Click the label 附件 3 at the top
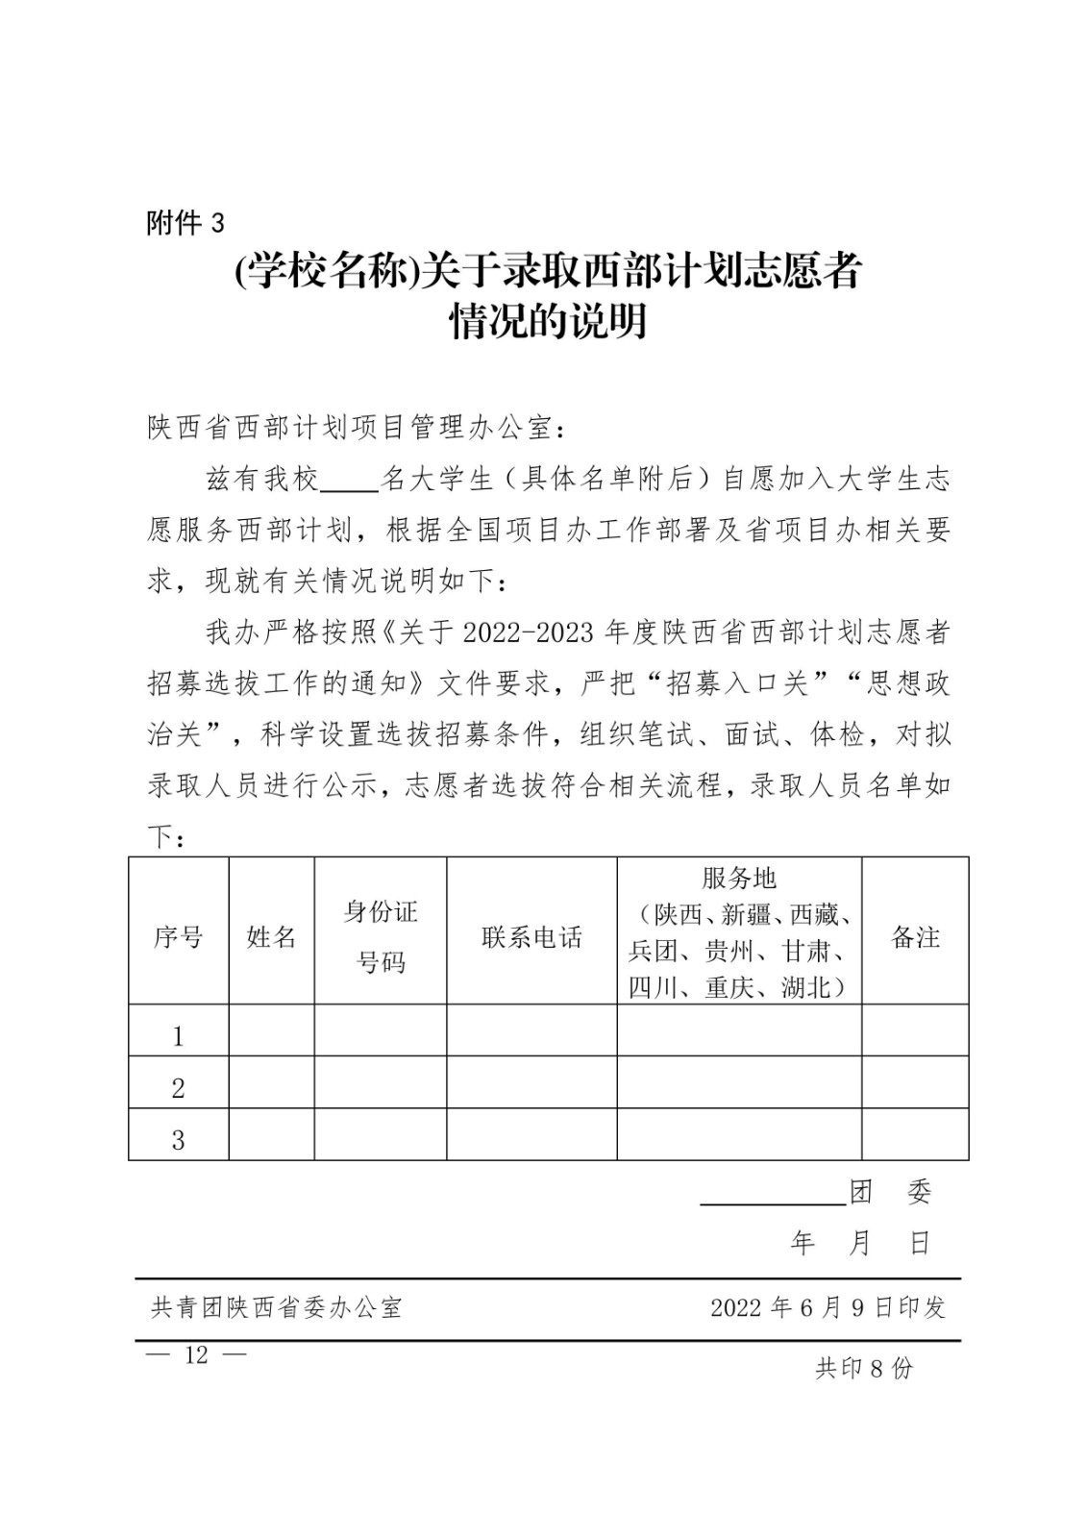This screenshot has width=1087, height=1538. pyautogui.click(x=185, y=223)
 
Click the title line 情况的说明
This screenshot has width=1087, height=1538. pyautogui.click(x=548, y=322)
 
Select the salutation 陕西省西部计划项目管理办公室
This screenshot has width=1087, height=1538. pyautogui.click(x=351, y=428)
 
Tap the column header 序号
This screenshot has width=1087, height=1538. pyautogui.click(x=178, y=937)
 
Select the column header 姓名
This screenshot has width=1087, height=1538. pyautogui.click(x=271, y=937)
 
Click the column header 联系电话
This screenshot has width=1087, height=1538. pyautogui.click(x=531, y=937)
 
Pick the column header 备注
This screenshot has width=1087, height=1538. pyautogui.click(x=915, y=937)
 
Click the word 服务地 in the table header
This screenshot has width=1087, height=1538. pyautogui.click(x=738, y=878)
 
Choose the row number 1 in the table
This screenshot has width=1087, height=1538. pyautogui.click(x=178, y=1036)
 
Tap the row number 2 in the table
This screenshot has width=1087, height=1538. pyautogui.click(x=178, y=1088)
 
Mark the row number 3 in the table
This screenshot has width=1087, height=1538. pyautogui.click(x=178, y=1140)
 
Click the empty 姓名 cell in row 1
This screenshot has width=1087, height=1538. pyautogui.click(x=271, y=1030)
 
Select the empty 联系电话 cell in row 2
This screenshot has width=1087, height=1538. pyautogui.click(x=531, y=1082)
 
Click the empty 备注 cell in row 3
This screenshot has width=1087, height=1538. pyautogui.click(x=915, y=1134)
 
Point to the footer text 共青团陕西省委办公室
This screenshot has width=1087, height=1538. pyautogui.click(x=277, y=1307)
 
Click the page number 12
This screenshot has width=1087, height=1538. pyautogui.click(x=196, y=1355)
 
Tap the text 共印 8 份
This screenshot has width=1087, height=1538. pyautogui.click(x=863, y=1369)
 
